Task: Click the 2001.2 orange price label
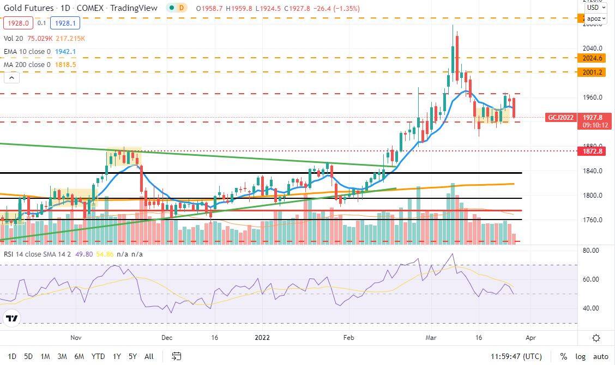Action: [x=592, y=72]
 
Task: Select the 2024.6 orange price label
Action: [x=592, y=58]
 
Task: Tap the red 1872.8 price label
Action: [x=592, y=151]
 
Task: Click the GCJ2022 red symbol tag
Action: [x=561, y=117]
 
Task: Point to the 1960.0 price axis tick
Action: [x=592, y=98]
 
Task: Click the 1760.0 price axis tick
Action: [x=592, y=221]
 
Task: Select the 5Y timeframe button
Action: [x=132, y=356]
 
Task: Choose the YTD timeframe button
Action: [x=98, y=356]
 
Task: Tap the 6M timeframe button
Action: [x=79, y=356]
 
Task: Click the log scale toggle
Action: [x=580, y=356]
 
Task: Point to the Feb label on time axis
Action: [x=348, y=338]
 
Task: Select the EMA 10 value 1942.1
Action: [x=65, y=51]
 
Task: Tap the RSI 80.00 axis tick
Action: [x=590, y=251]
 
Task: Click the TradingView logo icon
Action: [x=11, y=318]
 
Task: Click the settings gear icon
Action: [x=596, y=338]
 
